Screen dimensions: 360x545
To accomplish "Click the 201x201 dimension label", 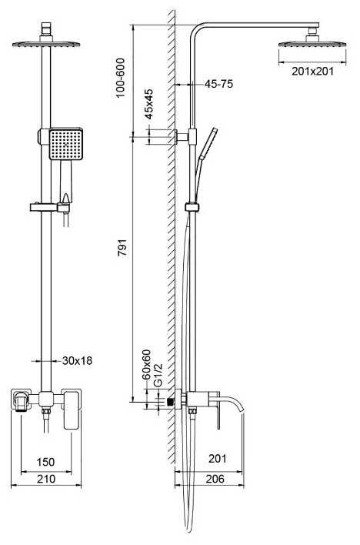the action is coord(312,72).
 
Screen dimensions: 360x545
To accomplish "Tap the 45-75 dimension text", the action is coord(218,84).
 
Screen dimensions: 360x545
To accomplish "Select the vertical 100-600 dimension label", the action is coord(120,78).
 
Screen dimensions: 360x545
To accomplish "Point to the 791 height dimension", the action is coord(122,247).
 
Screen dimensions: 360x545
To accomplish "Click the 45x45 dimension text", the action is coord(148,104).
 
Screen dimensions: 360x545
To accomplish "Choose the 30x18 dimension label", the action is coord(77,361).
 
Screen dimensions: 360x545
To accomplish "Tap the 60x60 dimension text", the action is coord(146,365).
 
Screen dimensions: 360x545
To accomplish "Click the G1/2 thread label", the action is coord(158,375).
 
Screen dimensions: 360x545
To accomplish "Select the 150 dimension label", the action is coord(45,462).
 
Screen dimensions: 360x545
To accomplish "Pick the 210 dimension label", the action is coord(45,479).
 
